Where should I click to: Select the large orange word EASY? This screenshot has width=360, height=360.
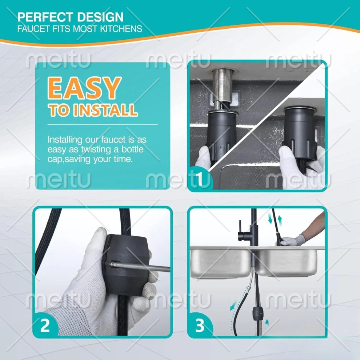coord(84,88)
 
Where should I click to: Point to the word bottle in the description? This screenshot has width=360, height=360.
coord(132,149)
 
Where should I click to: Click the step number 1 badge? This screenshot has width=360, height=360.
coord(200,179)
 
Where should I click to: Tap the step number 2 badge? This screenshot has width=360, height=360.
coord(45,325)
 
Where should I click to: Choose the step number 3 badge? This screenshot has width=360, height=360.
coord(200,325)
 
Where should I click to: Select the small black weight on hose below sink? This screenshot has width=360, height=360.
coord(257,313)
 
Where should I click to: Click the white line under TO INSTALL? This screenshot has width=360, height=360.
coord(103,125)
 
